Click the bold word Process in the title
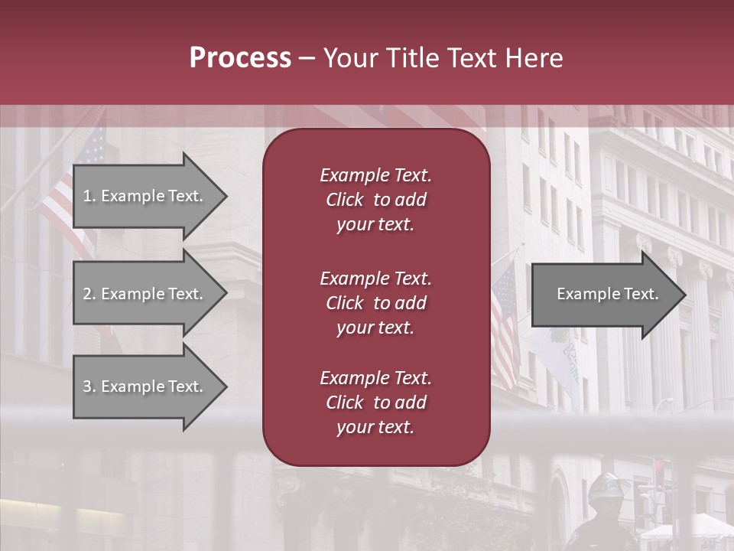coord(240,58)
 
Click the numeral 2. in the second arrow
coord(89,294)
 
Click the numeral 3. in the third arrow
coord(89,386)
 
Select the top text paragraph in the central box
coord(375,200)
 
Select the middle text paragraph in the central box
coord(375,303)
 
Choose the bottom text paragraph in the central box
coord(375,403)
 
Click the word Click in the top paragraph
coord(345,200)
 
